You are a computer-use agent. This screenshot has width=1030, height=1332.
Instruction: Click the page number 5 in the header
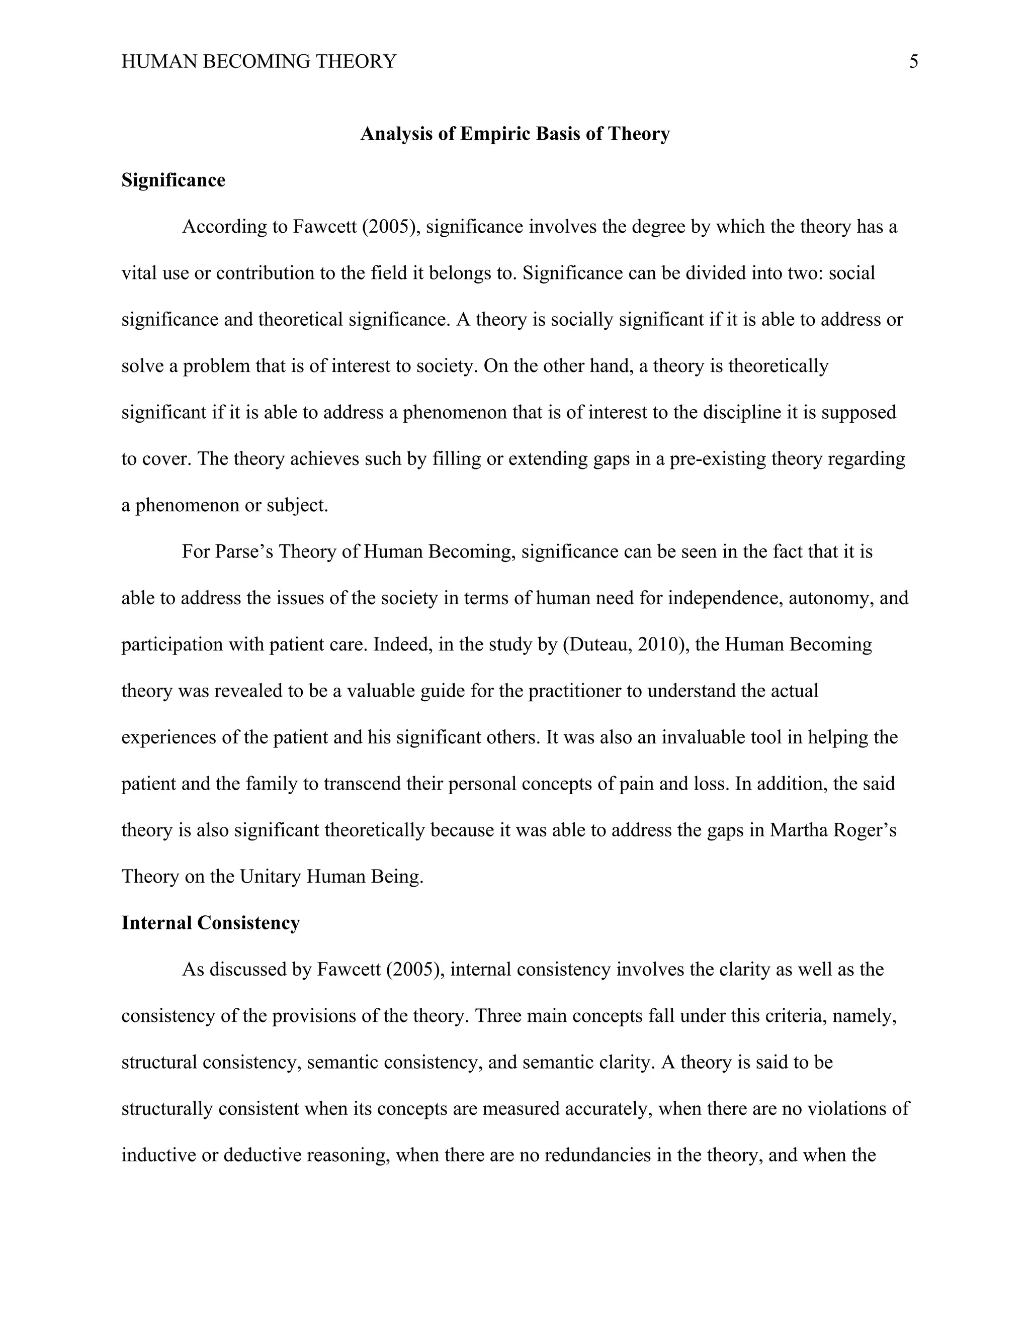click(913, 62)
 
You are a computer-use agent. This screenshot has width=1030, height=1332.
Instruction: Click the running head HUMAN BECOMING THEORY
click(259, 62)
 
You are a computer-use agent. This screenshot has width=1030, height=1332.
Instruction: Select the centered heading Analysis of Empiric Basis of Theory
click(515, 134)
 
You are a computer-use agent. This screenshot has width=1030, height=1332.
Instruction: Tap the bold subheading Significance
click(174, 180)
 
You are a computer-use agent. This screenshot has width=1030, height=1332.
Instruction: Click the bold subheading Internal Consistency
click(211, 923)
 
